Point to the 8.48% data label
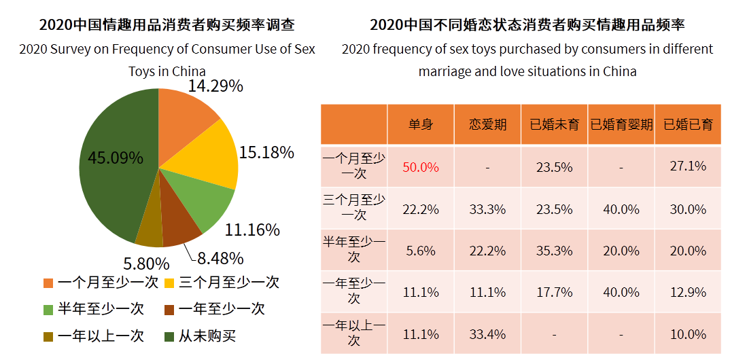(x=220, y=258)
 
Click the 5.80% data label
(x=146, y=263)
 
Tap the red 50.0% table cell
(x=421, y=167)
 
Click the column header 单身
(x=421, y=124)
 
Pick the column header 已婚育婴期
(x=621, y=124)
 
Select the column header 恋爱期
(x=487, y=124)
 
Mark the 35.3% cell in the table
(x=555, y=251)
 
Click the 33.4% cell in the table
(x=487, y=334)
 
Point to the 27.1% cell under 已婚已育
(x=688, y=166)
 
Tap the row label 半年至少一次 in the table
(x=353, y=250)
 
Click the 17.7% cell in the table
(x=555, y=292)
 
